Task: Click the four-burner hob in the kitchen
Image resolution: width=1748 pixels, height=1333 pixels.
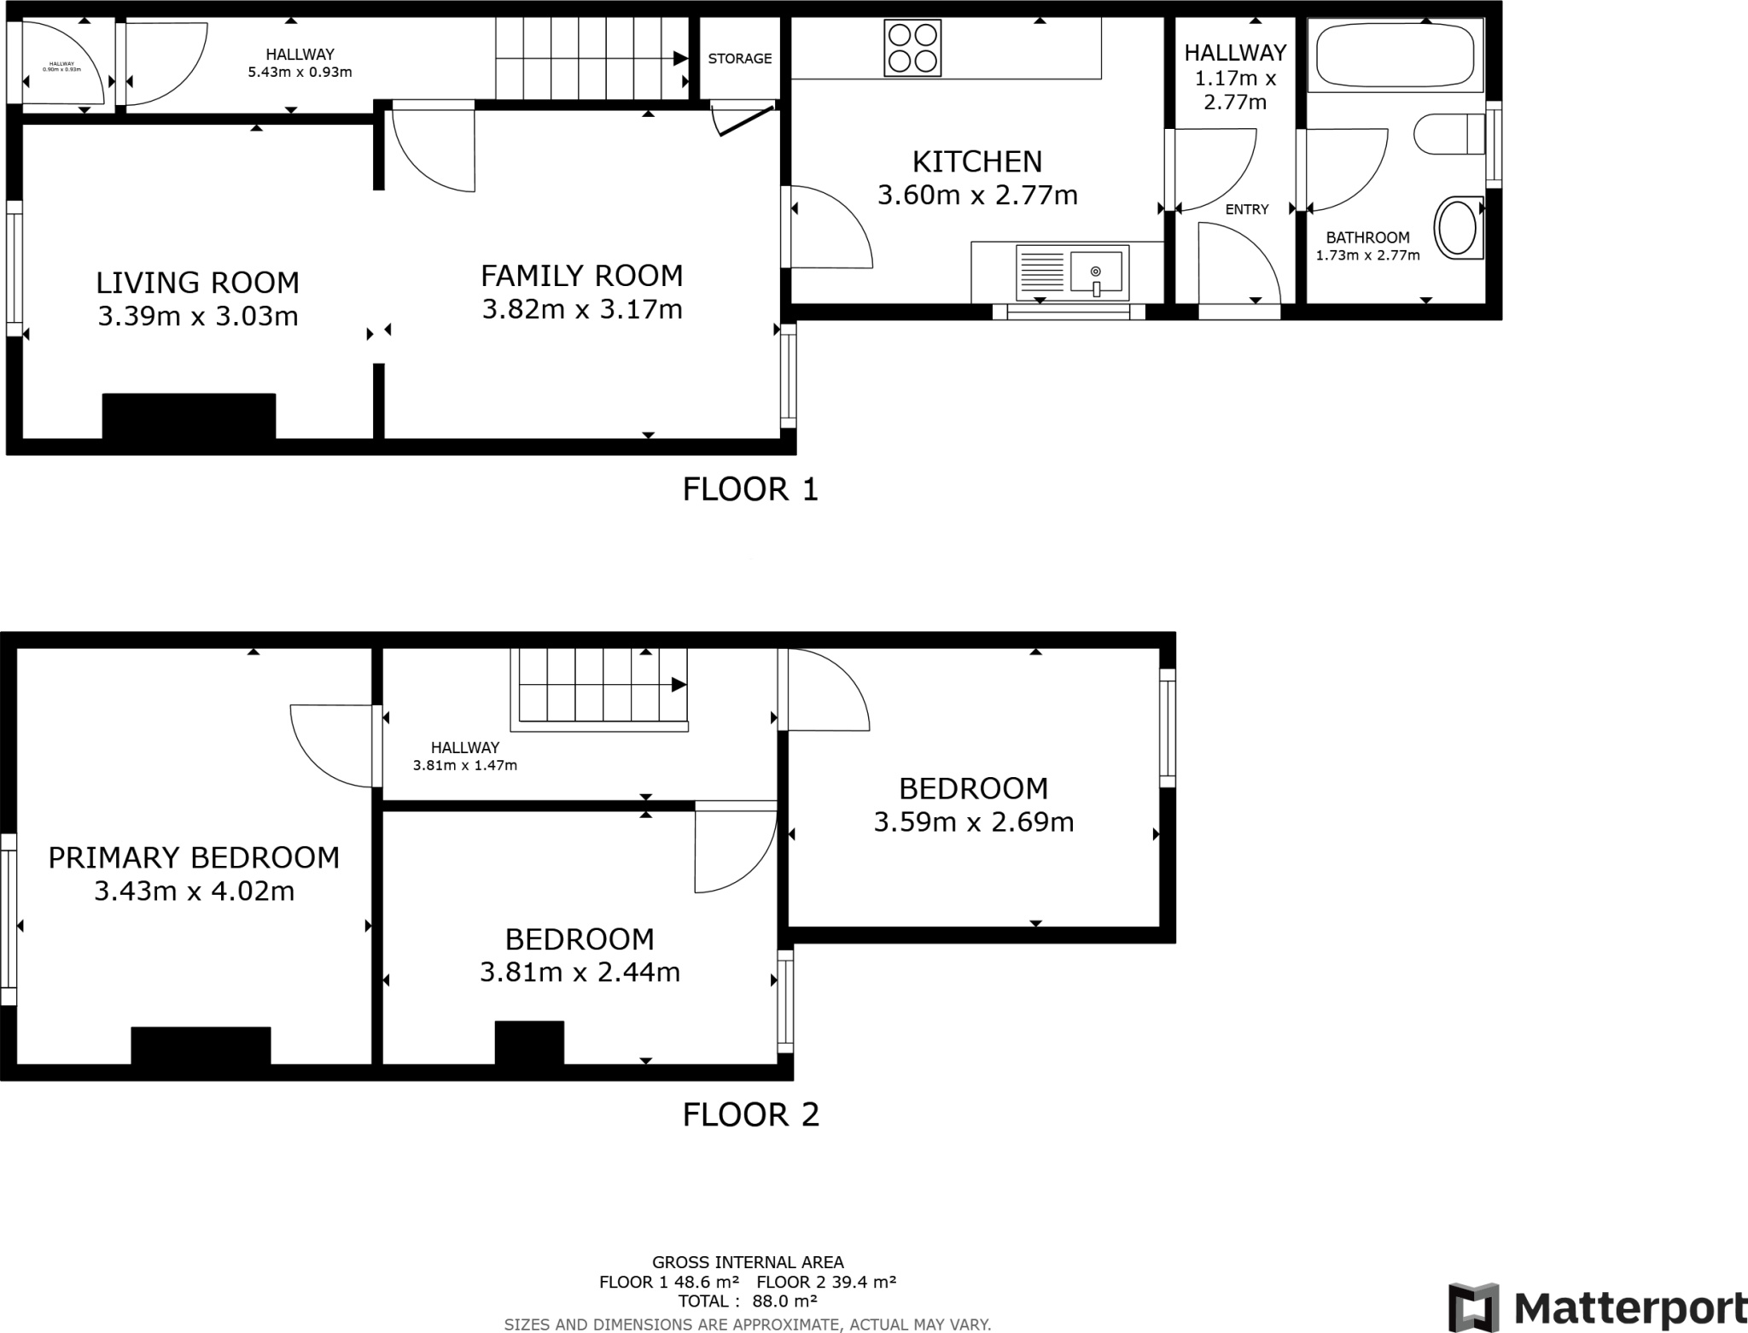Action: pos(912,48)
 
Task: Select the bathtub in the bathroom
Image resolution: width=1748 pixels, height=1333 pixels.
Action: pos(1395,56)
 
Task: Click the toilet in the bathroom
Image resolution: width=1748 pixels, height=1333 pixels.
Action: pos(1448,134)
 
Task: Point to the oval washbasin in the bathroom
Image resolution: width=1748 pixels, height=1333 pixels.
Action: pos(1458,227)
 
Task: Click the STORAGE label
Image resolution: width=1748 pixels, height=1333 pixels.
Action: pos(739,58)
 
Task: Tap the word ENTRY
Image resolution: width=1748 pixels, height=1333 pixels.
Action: pos(1246,209)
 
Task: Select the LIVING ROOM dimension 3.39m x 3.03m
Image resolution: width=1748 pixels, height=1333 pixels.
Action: pos(197,317)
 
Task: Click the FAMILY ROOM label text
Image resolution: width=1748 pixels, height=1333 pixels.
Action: pos(581,276)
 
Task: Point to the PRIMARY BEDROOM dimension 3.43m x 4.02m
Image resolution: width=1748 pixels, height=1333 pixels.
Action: pos(194,892)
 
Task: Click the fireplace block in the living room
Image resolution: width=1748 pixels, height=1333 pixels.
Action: pos(189,416)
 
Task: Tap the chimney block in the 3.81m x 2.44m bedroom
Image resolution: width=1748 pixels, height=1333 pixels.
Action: pos(529,1042)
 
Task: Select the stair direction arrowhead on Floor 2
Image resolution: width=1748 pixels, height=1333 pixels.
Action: pos(679,685)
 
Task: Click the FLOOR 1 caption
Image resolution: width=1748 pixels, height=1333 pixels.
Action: pos(750,489)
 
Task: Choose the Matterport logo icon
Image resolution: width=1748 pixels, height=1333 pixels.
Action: pos(1474,1307)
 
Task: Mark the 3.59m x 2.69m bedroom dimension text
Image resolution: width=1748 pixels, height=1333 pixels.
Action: pos(973,822)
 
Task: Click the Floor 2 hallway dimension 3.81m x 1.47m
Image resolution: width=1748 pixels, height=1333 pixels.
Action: pos(464,766)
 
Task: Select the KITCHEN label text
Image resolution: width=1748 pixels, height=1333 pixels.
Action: pos(977,161)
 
